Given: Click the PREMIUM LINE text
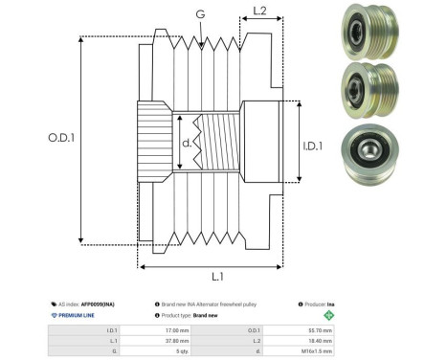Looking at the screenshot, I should coord(78,314).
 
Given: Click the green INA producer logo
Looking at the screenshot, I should coord(330,314).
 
